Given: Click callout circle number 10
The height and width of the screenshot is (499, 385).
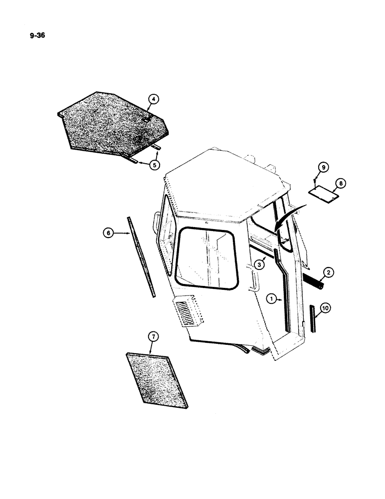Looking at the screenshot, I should pos(325,309).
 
